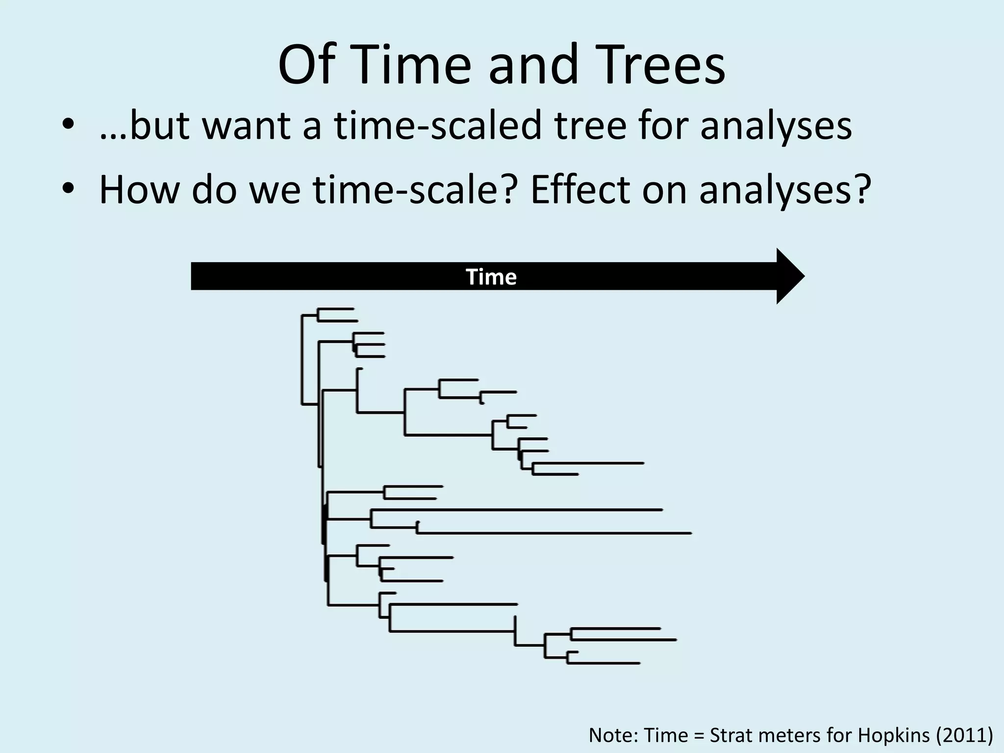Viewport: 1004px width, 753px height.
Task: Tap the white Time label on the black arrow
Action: [491, 277]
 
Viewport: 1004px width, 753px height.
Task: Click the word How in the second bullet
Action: [139, 190]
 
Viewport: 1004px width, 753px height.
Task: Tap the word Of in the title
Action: [308, 65]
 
